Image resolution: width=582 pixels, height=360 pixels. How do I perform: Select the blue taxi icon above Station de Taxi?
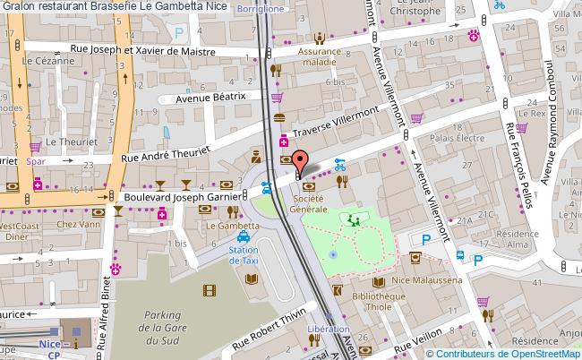pos(243,236)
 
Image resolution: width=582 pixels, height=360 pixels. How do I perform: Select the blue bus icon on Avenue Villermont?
pos(459,254)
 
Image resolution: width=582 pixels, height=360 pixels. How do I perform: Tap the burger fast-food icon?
pos(278,117)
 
